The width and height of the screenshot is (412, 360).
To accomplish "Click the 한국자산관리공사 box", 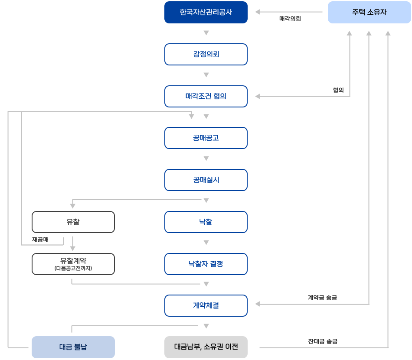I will click(206, 12).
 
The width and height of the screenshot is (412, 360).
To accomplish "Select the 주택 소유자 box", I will click(369, 12).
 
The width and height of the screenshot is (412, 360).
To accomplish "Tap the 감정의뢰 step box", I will click(206, 54).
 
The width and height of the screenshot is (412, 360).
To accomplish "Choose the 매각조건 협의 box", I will click(206, 96).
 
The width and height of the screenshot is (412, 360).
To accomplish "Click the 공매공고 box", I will click(206, 138).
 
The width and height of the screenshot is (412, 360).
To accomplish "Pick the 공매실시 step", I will click(206, 180).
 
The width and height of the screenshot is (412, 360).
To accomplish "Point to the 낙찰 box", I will click(206, 222).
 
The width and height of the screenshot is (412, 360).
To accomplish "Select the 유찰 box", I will click(73, 222).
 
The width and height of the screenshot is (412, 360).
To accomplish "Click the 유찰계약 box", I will click(73, 264).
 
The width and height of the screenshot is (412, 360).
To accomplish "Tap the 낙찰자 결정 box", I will click(206, 264).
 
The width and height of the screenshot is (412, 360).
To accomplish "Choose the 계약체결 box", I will click(206, 305).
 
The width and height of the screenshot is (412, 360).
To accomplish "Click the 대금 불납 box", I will click(73, 347).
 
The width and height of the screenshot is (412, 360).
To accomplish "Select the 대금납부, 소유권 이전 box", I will click(206, 347).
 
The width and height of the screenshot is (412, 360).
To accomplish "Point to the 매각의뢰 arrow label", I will click(290, 19).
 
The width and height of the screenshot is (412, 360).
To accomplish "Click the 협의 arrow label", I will click(338, 90).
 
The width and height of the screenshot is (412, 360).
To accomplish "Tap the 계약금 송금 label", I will click(322, 298).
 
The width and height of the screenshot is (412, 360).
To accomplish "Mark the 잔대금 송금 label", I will click(323, 341).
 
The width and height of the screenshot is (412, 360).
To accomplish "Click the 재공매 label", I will click(40, 240).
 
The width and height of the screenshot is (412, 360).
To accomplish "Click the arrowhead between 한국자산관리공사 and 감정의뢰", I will click(206, 33).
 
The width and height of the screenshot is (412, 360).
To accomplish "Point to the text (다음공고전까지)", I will click(73, 269).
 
